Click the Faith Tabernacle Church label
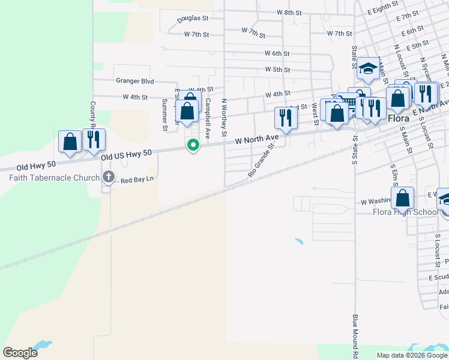(54, 178)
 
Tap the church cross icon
(108, 176)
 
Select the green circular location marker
(193, 145)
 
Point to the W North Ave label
(257, 139)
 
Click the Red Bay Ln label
(137, 179)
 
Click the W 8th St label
(289, 12)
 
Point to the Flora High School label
(406, 212)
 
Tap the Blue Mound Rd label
(355, 335)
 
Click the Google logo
(20, 353)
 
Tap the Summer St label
(164, 115)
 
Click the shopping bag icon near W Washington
(402, 197)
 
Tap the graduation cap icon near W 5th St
(367, 68)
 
